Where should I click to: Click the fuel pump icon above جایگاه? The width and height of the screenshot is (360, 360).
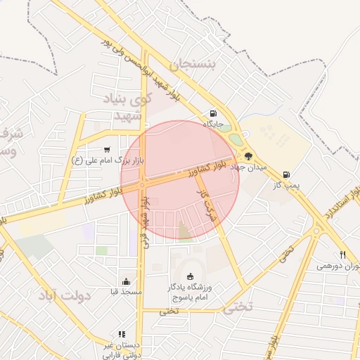pyautogui.click(x=213, y=113)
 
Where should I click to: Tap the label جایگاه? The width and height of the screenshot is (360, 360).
pyautogui.click(x=213, y=124)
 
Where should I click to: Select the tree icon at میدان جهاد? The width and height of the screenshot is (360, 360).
pyautogui.click(x=248, y=156)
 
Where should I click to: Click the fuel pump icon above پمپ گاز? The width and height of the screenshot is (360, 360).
pyautogui.click(x=286, y=174)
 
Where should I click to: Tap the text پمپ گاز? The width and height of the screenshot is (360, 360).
pyautogui.click(x=287, y=185)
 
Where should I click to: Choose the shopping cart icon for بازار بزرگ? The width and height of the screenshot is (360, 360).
pyautogui.click(x=106, y=149)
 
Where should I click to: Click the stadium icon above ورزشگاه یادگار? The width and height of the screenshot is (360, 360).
pyautogui.click(x=188, y=276)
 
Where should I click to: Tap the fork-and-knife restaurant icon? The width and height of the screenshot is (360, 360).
pyautogui.click(x=343, y=255)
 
